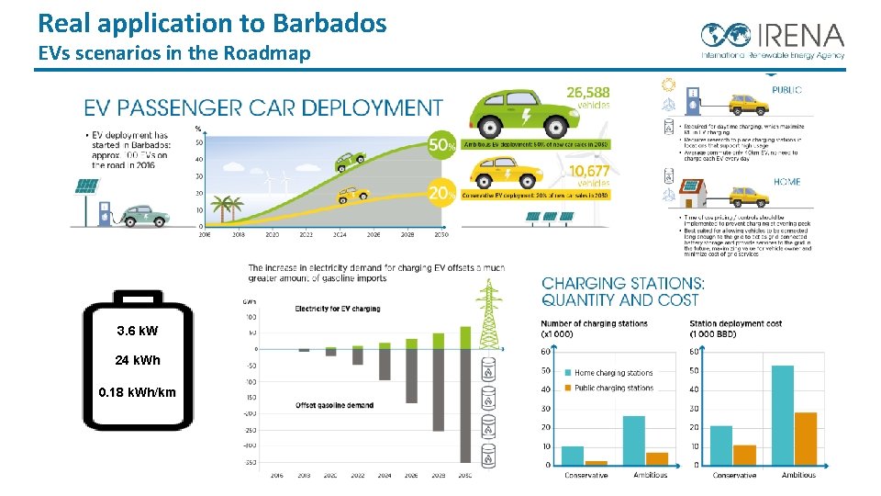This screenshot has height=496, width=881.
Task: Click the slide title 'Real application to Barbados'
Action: (212, 23)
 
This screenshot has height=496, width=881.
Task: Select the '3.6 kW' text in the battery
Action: (138, 330)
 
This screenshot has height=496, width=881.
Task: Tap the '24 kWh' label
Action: (138, 360)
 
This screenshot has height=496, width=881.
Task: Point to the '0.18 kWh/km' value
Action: (138, 392)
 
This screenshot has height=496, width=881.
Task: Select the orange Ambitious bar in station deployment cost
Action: (805, 438)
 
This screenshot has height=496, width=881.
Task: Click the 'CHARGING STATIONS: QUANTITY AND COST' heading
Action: (623, 291)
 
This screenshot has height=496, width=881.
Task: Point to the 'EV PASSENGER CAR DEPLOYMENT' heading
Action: (263, 108)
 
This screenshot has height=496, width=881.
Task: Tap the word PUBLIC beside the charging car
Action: (786, 90)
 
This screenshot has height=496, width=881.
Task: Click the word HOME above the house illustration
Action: (786, 182)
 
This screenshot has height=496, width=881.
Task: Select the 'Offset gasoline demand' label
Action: (333, 405)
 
